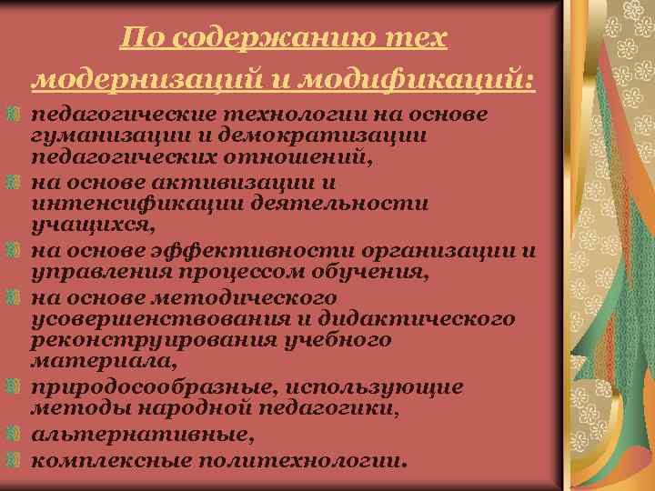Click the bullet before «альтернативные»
[11, 435]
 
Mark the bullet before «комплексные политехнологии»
[11, 459]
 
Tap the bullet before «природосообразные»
[11, 388]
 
